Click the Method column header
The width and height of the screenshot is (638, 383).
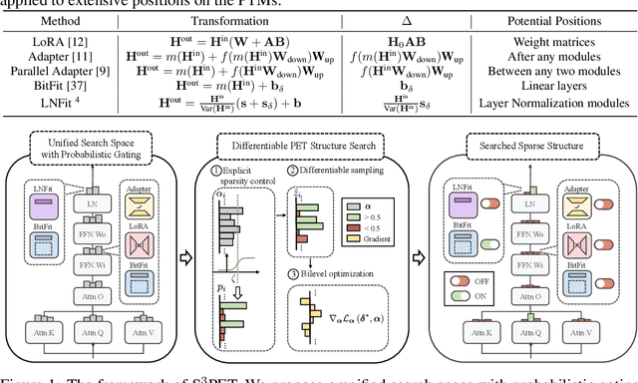[x=64, y=29]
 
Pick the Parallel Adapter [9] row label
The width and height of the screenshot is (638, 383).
[x=64, y=79]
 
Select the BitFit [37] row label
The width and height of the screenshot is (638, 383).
[x=64, y=94]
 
